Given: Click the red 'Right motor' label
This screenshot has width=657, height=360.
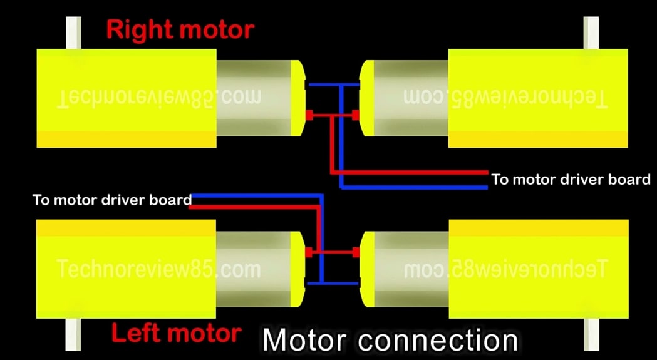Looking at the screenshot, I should pos(180,29).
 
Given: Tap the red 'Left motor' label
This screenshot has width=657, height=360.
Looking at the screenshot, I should pos(176,332).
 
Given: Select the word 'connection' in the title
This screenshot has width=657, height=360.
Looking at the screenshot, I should pos(438,341).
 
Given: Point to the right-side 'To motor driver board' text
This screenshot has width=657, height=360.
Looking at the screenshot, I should pos(571,180).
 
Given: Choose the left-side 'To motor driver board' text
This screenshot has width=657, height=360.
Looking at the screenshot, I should pos(112,200).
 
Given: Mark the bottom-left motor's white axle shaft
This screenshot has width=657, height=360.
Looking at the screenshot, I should pos(74,336).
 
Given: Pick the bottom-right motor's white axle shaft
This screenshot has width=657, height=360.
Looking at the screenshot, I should pos(591,336).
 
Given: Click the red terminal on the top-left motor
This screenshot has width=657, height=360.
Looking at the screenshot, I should pos(309,115).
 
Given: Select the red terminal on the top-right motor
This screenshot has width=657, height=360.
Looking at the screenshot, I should pos(356,115).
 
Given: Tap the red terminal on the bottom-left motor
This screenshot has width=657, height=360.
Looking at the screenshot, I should pos(308,252).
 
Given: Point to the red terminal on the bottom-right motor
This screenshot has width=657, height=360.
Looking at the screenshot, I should pos(356,252).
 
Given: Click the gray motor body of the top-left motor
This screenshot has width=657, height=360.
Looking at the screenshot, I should pos(254,98).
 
